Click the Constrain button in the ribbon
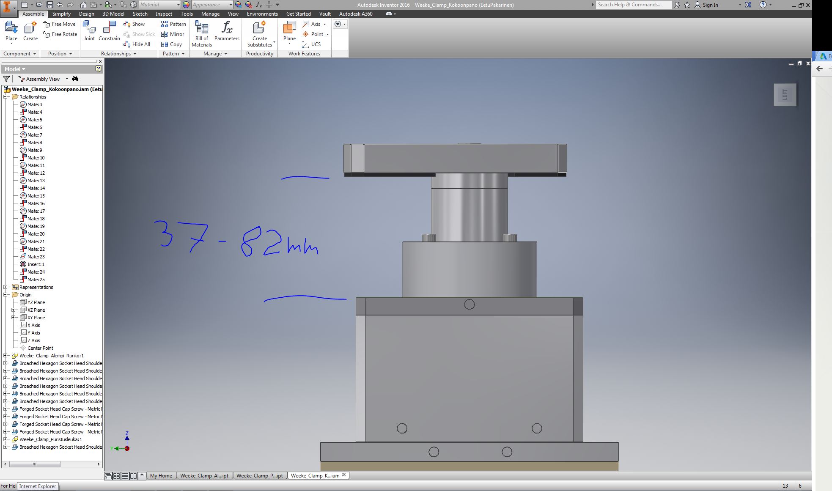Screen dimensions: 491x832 point(109,31)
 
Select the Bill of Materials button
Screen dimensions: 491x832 point(202,33)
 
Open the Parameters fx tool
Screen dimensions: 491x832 point(227,31)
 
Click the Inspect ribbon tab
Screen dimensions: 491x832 point(164,14)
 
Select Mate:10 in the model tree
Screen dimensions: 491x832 point(36,158)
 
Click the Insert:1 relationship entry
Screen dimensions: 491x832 point(36,264)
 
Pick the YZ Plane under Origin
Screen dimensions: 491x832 point(36,302)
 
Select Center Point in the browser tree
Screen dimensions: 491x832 point(40,348)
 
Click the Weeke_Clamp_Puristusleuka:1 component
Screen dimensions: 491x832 point(51,439)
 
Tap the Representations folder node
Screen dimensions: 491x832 point(36,287)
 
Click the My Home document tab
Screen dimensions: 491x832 point(161,476)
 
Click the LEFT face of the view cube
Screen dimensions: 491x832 point(785,94)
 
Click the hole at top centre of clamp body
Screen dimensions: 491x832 point(469,304)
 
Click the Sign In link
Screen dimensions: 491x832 point(710,5)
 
